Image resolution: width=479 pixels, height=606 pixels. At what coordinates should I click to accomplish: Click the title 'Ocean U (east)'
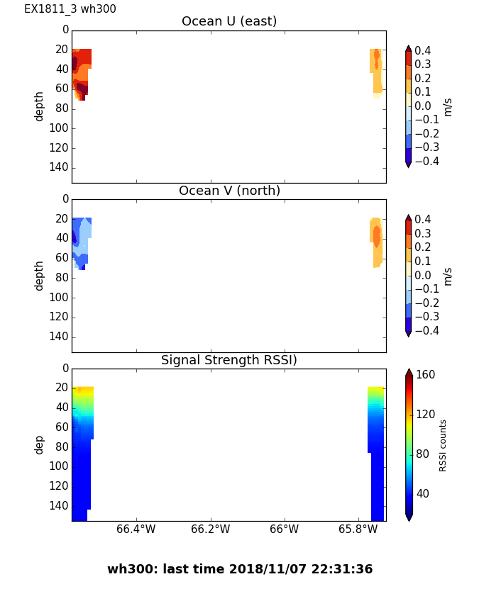click(229, 22)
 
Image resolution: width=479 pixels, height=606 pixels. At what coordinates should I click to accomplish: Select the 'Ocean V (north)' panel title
click(229, 191)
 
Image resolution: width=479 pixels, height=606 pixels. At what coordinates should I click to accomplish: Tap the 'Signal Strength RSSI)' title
click(229, 361)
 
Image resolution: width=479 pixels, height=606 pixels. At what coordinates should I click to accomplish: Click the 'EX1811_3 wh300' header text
click(70, 9)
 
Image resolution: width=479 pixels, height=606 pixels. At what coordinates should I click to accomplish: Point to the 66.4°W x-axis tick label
click(136, 529)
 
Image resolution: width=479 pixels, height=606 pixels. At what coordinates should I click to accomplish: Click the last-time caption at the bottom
click(240, 569)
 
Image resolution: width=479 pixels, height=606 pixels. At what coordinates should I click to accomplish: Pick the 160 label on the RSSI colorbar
click(425, 375)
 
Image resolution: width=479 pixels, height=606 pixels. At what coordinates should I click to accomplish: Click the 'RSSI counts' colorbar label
click(444, 445)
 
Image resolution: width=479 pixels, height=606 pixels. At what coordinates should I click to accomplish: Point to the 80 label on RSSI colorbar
click(422, 454)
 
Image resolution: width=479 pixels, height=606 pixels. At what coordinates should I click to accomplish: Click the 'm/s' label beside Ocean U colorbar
click(448, 106)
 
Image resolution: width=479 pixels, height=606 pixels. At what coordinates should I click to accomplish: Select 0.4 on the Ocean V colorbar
click(426, 220)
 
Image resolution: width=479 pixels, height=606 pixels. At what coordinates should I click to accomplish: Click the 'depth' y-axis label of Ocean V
click(40, 276)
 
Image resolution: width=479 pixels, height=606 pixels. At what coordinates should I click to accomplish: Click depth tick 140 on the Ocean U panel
click(60, 167)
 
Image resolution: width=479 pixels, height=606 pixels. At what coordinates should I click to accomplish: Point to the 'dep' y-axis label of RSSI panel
click(40, 445)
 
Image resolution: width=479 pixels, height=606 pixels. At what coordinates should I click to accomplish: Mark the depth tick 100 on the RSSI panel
click(60, 466)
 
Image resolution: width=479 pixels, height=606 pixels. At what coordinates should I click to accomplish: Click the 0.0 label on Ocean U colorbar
click(426, 106)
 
